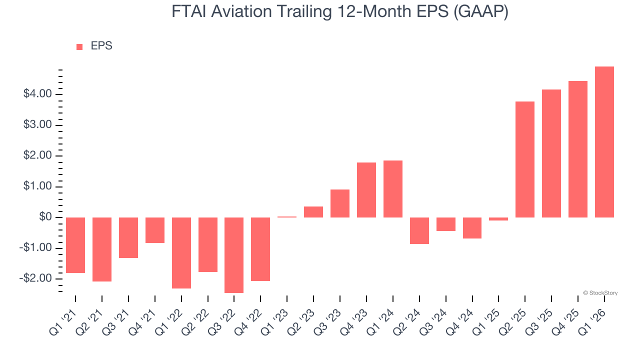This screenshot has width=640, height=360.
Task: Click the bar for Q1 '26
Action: coord(604,142)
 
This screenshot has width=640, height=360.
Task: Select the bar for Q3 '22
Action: coord(234,255)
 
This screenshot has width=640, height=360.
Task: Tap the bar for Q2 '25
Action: coord(525,159)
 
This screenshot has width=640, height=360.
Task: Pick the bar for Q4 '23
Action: coord(366,190)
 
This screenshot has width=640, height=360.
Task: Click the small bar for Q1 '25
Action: coord(498,219)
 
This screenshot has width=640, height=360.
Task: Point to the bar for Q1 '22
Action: coord(181,253)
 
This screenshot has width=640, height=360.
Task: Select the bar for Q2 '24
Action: coord(419,230)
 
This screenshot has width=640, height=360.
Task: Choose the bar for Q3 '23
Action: coord(339,203)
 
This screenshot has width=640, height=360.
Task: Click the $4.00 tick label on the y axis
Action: coord(37,94)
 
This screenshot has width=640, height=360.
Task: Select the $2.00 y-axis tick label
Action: coord(37,155)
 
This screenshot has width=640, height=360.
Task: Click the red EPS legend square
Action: coord(79,46)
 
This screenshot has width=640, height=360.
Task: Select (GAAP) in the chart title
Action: coord(480,12)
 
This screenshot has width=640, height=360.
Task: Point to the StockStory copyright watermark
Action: coord(600,293)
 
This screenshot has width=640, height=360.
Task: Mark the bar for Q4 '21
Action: coord(154,230)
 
